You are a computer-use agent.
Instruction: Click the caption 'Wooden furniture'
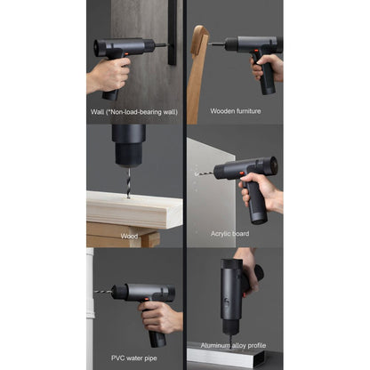tap(235, 111)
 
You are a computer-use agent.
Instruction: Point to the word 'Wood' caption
tap(129, 236)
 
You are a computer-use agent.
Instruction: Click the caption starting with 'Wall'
tap(134, 111)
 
